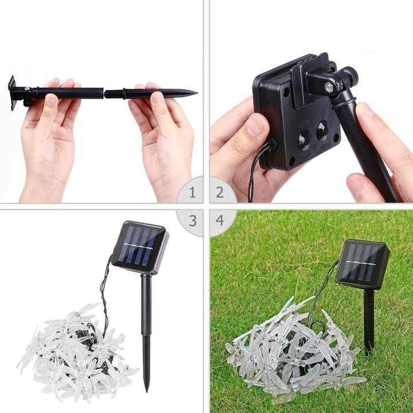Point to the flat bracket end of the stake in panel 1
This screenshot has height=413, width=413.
[12, 92]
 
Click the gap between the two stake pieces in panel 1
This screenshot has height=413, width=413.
[104, 93]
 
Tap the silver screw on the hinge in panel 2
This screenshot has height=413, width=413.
[328, 87]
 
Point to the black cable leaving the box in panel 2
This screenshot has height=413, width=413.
[255, 166]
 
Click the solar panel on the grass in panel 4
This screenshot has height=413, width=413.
[362, 263]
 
